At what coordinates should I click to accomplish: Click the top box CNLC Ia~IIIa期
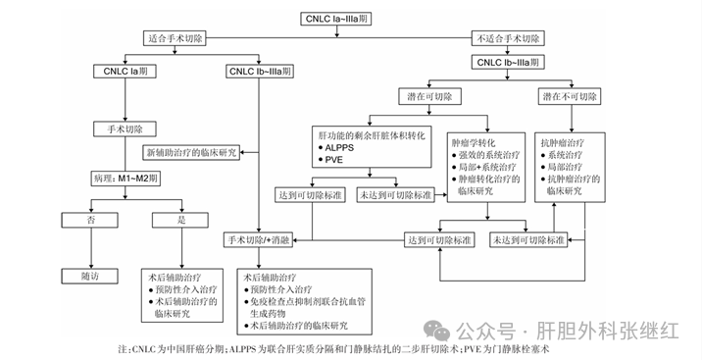click(350, 18)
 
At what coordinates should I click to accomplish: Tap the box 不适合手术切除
click(508, 39)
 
